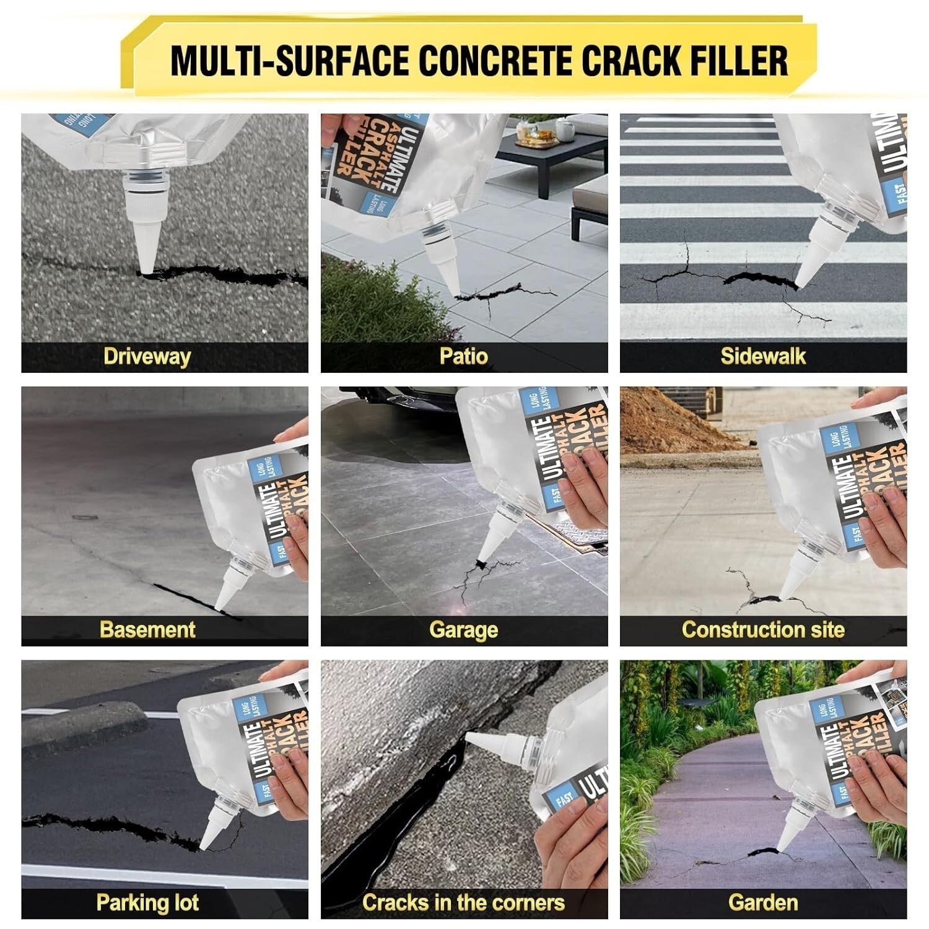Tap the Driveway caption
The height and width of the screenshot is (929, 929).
tap(147, 356)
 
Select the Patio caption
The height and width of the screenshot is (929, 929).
tap(463, 356)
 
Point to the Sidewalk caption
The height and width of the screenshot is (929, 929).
tap(763, 356)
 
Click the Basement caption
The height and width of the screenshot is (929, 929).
tap(147, 629)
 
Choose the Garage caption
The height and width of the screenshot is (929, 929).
tap(463, 630)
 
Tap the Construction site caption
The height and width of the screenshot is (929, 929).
tap(763, 629)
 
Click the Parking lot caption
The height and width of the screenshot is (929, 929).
tap(147, 902)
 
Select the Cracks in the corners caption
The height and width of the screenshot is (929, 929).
tap(463, 902)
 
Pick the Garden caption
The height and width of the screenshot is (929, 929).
tap(763, 902)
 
